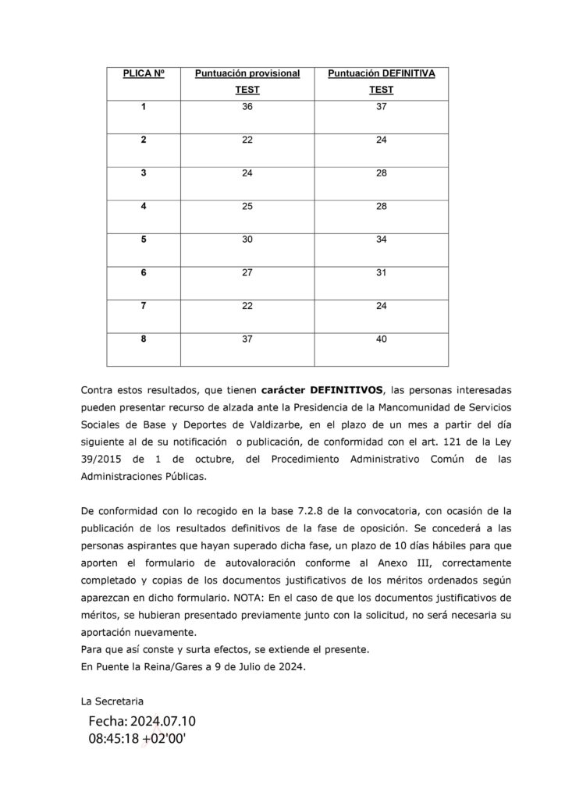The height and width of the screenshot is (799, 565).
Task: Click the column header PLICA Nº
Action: (143, 73)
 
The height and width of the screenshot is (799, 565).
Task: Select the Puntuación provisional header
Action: (247, 73)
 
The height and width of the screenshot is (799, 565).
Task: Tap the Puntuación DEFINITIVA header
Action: (381, 73)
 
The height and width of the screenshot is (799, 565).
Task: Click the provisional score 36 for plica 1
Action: (247, 106)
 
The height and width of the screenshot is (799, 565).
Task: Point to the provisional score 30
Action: (247, 240)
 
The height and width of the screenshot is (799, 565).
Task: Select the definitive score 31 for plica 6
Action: (381, 273)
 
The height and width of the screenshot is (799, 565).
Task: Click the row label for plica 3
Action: (143, 173)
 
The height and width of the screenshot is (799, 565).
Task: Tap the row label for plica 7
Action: (143, 306)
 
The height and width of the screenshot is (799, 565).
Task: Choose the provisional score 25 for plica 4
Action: (247, 206)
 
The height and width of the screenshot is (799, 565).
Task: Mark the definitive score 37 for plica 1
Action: (381, 106)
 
